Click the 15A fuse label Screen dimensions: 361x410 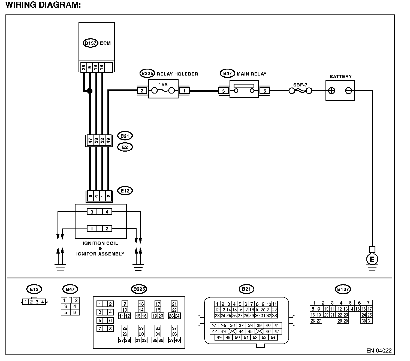coord(163,85)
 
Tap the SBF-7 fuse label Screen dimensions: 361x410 coord(300,85)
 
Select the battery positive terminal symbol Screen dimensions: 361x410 coord(331,91)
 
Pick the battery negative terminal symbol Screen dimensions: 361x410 coord(348,91)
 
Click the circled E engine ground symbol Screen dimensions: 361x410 coord(372,259)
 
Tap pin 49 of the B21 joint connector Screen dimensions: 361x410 coord(108,140)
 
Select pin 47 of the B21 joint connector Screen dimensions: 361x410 coord(90,140)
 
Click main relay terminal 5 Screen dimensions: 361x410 coord(265,91)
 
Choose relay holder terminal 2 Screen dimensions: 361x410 coord(142,91)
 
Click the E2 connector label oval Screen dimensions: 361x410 coord(125,147)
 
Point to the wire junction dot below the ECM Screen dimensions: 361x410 coord(89,91)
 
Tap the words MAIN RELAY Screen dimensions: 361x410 coord(252,74)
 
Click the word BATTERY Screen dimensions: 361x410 coord(340,77)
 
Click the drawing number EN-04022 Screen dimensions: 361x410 coord(379,351)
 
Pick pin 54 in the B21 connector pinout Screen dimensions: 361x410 coord(273,337)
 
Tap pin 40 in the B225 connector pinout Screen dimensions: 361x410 coord(177,340)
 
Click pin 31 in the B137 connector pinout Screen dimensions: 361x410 coord(369,321)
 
